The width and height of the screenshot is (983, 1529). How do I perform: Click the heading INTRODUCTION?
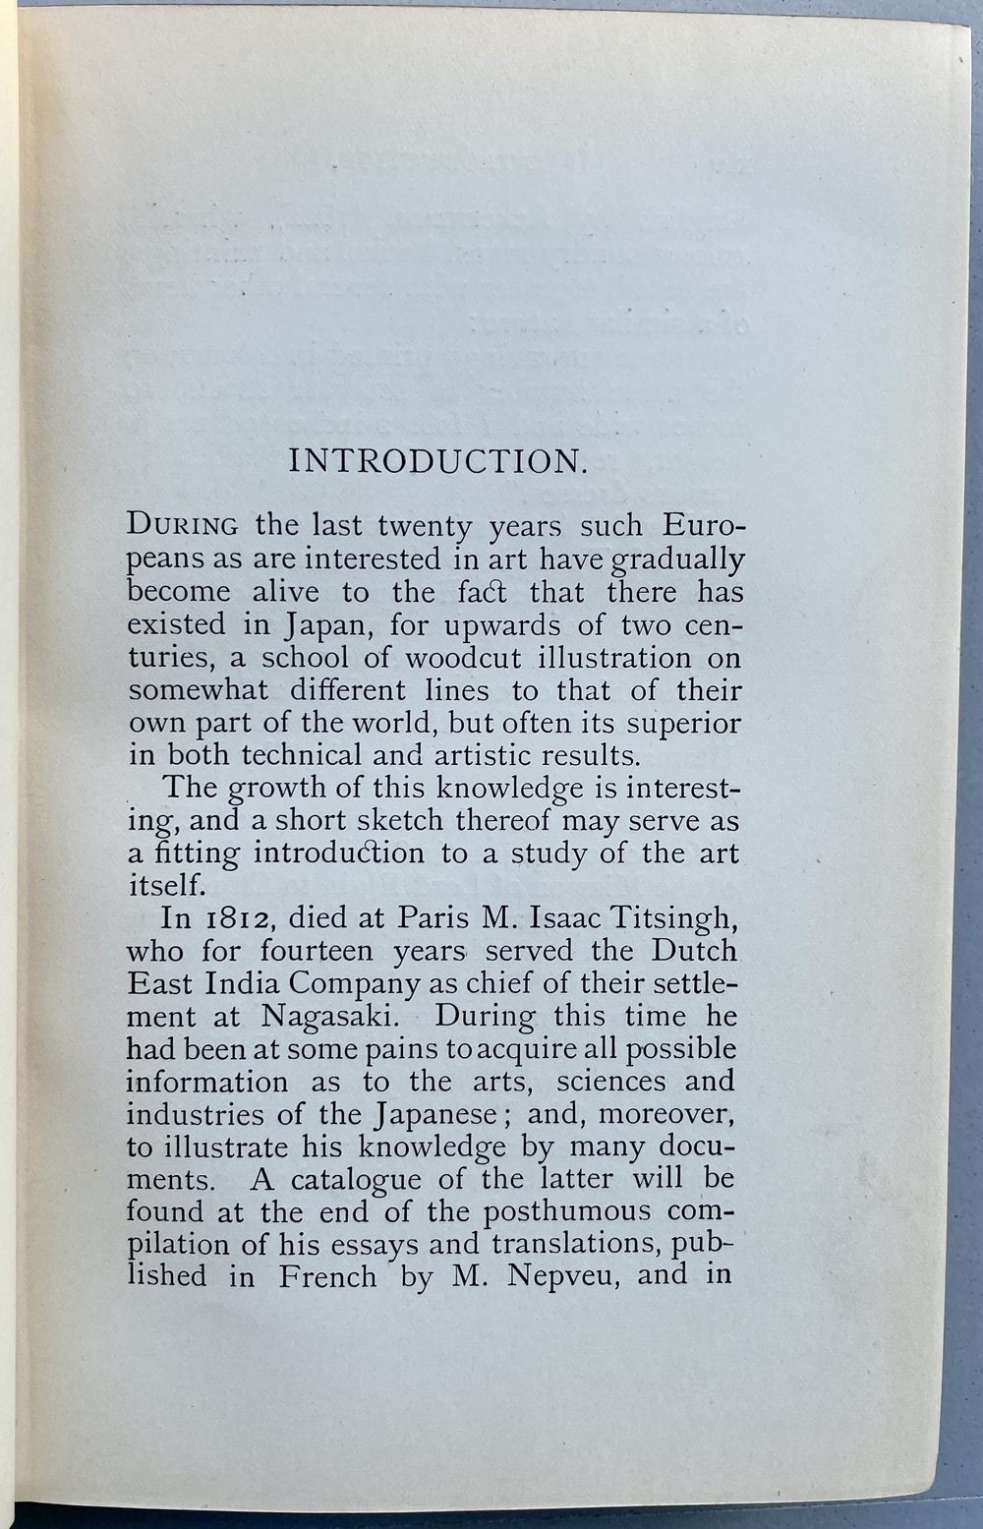point(437,461)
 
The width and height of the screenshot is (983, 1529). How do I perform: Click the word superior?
point(684,723)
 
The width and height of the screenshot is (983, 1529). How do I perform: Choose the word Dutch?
point(694,951)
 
